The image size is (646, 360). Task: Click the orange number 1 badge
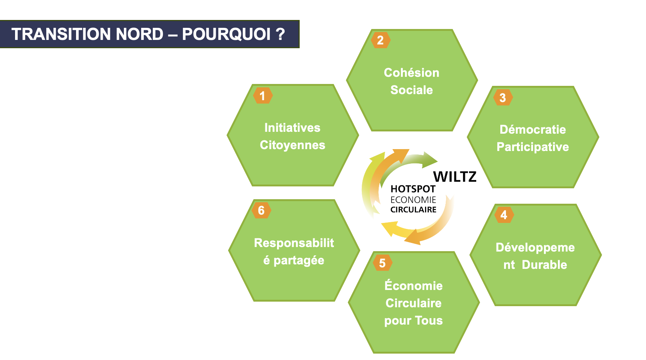coord(263,96)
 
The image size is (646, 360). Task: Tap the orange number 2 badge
coord(381,40)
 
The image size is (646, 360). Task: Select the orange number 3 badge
coord(503,98)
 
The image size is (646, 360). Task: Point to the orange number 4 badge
coord(504,215)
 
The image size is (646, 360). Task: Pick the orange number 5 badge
coord(382,263)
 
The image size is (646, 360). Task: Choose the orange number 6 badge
coord(261,210)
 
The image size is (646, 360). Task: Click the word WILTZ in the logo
coord(455,177)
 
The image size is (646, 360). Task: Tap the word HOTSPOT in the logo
coord(413,189)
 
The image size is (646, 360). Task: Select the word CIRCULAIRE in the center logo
coord(413,210)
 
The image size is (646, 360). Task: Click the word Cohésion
coord(411,72)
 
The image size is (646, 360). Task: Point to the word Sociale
coord(411,90)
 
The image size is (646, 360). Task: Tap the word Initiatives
coord(293,128)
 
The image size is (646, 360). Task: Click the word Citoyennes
coord(293,145)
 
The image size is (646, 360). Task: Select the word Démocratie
coord(533,130)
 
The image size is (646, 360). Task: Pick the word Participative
coord(533,147)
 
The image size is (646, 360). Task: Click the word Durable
coord(544,265)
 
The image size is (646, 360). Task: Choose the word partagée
coord(299,261)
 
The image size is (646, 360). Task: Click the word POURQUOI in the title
coord(226,34)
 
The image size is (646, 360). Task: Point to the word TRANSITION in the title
coord(62,34)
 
